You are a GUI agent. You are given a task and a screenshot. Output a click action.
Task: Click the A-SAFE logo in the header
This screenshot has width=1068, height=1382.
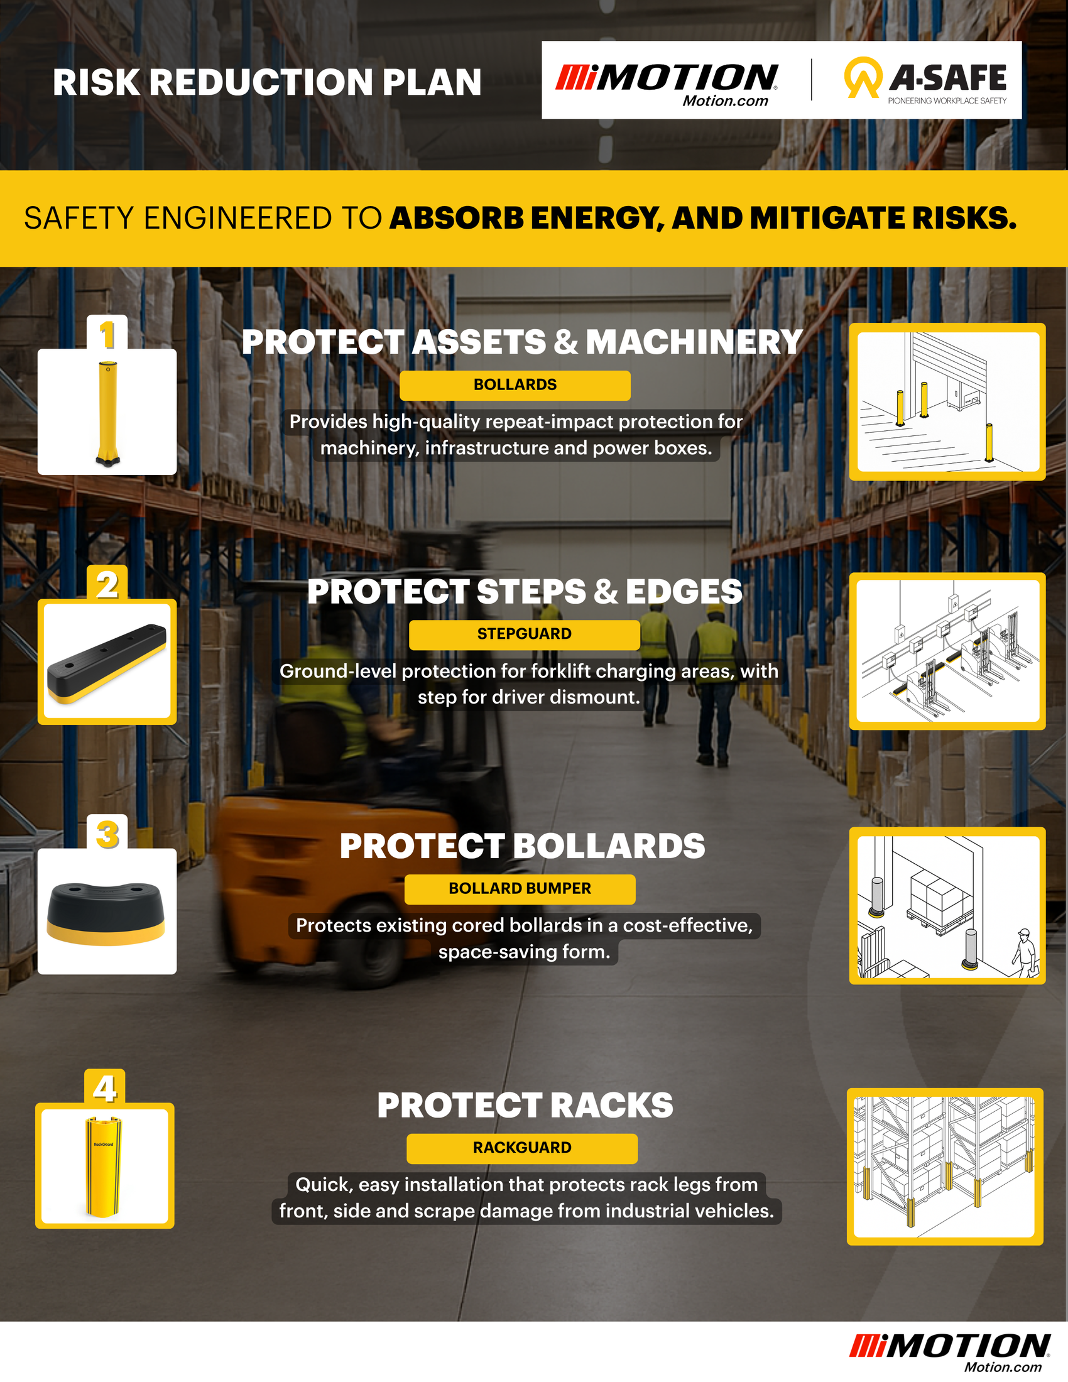pyautogui.click(x=925, y=80)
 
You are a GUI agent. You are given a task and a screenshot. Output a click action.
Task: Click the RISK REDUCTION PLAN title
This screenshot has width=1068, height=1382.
pyautogui.click(x=267, y=82)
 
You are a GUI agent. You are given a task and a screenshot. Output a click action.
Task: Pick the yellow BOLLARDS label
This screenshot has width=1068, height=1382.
pyautogui.click(x=515, y=384)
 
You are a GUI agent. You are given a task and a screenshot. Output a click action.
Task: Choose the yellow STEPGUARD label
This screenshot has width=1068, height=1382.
pyautogui.click(x=524, y=634)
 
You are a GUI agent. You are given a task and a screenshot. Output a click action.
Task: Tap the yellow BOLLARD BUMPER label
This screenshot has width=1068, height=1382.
pyautogui.click(x=520, y=888)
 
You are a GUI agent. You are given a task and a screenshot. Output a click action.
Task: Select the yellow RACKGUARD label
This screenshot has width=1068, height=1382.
pyautogui.click(x=522, y=1148)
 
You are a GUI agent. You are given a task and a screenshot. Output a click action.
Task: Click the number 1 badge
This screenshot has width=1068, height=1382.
pyautogui.click(x=107, y=334)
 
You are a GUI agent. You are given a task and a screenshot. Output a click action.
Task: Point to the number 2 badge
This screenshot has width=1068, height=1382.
pyautogui.click(x=107, y=584)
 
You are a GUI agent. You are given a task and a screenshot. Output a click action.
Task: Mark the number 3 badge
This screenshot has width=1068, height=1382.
pyautogui.click(x=107, y=834)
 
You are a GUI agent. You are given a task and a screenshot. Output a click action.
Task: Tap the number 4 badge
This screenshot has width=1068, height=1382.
pyautogui.click(x=104, y=1088)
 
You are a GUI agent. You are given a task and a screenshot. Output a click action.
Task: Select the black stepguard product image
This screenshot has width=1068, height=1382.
pyautogui.click(x=106, y=663)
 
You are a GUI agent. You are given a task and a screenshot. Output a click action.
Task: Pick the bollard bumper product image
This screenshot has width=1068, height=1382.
pyautogui.click(x=106, y=913)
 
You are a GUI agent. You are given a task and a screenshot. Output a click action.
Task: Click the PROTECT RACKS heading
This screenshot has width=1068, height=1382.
pyautogui.click(x=525, y=1106)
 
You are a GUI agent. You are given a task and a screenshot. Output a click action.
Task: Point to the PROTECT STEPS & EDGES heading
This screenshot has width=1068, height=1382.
pyautogui.click(x=525, y=592)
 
